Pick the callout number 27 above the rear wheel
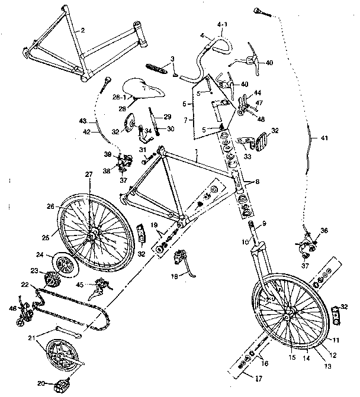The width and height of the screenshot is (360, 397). click(x=88, y=175)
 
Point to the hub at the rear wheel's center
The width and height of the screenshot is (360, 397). click(x=92, y=236)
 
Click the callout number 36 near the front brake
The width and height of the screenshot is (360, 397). click(x=324, y=230)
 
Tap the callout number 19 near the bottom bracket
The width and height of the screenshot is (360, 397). click(x=153, y=225)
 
